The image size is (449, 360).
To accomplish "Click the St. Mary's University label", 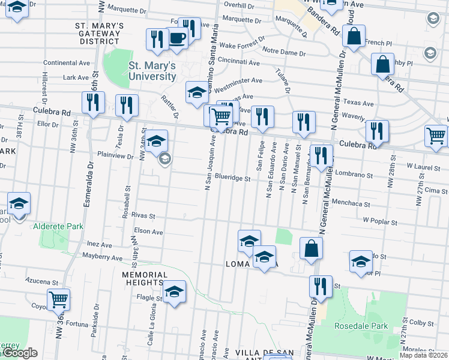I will pos(152,71).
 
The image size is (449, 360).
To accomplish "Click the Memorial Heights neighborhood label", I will pos(143,278).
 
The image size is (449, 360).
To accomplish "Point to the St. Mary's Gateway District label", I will pos(100,34).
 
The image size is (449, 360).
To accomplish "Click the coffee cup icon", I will pos(177,38).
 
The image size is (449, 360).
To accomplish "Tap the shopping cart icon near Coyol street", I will pos(58,298).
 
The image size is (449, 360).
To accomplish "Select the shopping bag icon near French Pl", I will pos(354,35).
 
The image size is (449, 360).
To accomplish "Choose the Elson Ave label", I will pos(149,231).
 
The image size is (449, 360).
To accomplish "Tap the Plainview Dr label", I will pos(116,155).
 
